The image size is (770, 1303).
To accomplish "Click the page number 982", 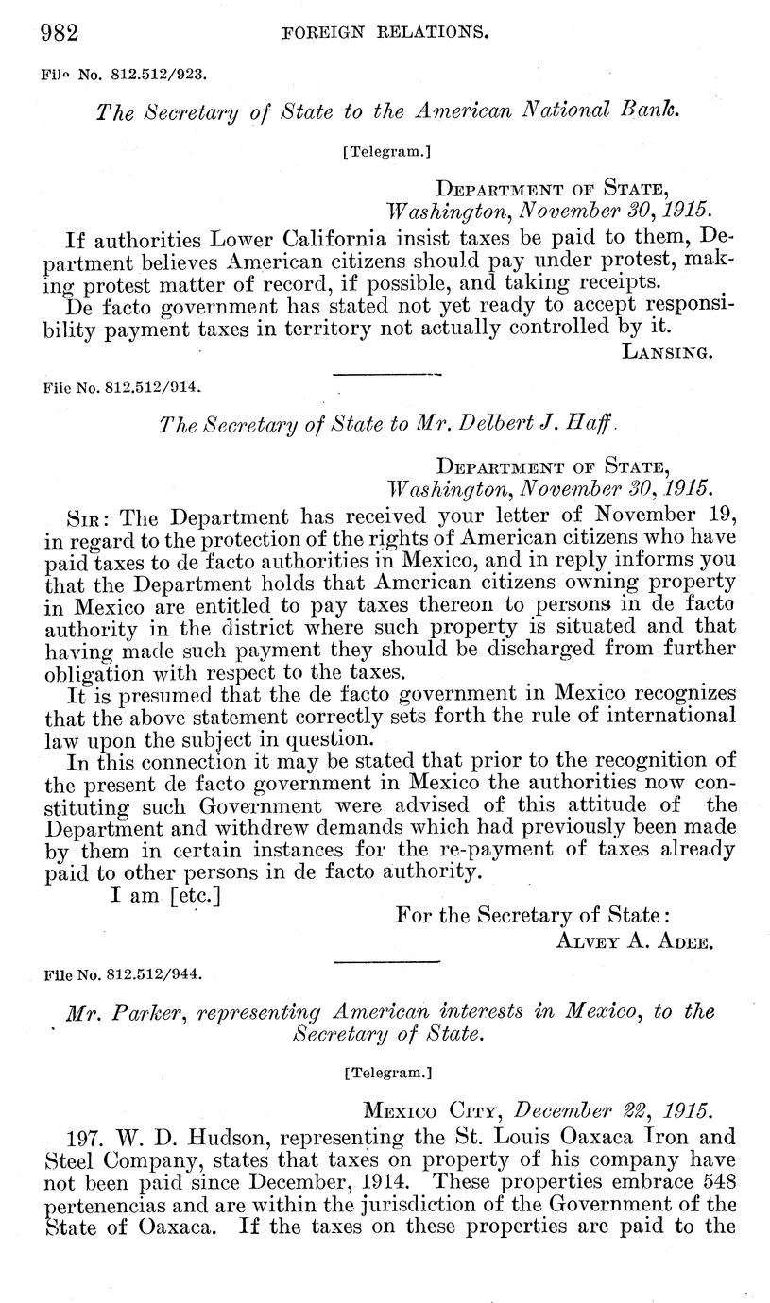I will coord(59,34).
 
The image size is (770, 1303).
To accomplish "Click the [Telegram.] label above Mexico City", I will coord(385,1072).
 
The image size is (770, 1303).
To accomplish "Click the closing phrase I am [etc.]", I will coord(165,894).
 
